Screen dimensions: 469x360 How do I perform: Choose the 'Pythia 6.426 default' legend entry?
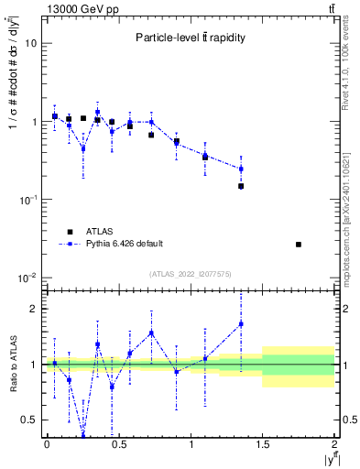coord(123,244)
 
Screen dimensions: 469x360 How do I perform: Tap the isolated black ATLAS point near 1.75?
coord(299,245)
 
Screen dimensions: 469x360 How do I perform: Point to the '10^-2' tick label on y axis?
coord(28,278)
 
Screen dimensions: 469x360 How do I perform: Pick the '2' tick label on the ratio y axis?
coord(36,309)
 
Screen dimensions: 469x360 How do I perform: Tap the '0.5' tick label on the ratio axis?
coord(30,420)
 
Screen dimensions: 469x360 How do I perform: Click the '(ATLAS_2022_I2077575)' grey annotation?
coord(191,273)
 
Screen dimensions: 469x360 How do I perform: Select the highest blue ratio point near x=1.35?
coord(241,324)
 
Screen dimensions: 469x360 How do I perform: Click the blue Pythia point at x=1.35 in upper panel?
coord(241,169)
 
